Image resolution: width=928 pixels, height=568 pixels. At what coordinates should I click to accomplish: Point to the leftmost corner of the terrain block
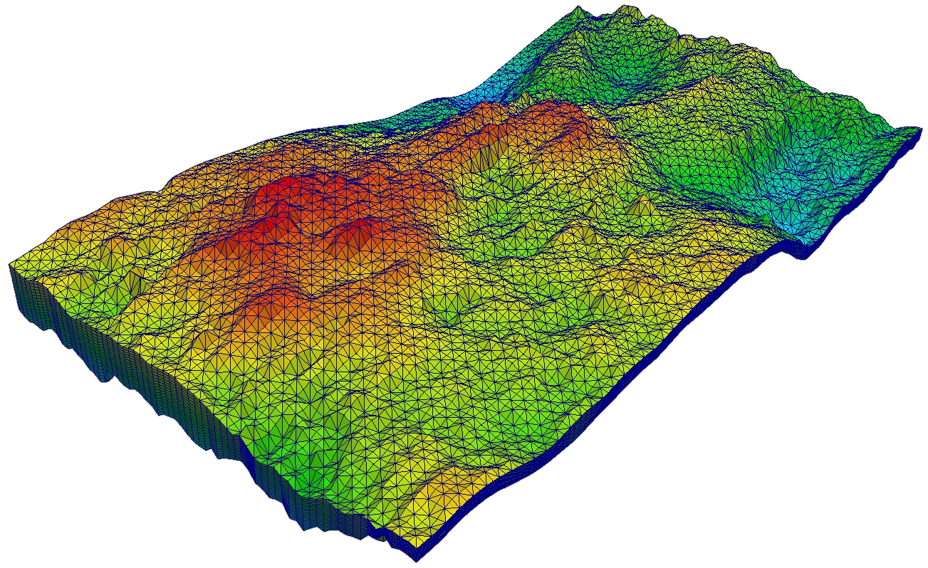click(x=9, y=264)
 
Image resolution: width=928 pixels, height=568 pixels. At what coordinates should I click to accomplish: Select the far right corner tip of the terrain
click(x=919, y=129)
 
